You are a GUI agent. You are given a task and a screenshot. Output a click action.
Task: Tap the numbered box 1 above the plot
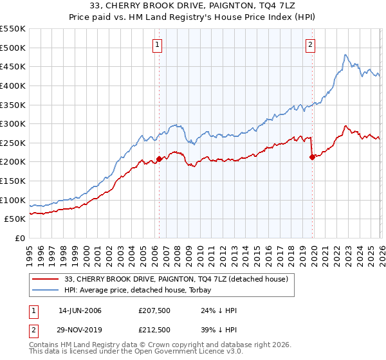pyautogui.click(x=158, y=44)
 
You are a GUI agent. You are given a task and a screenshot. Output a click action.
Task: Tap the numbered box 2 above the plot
pyautogui.click(x=311, y=44)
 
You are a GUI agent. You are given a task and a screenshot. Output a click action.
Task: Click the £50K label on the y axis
pyautogui.click(x=15, y=219)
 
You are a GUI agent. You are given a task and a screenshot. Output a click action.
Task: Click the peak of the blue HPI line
pyautogui.click(x=345, y=55)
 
